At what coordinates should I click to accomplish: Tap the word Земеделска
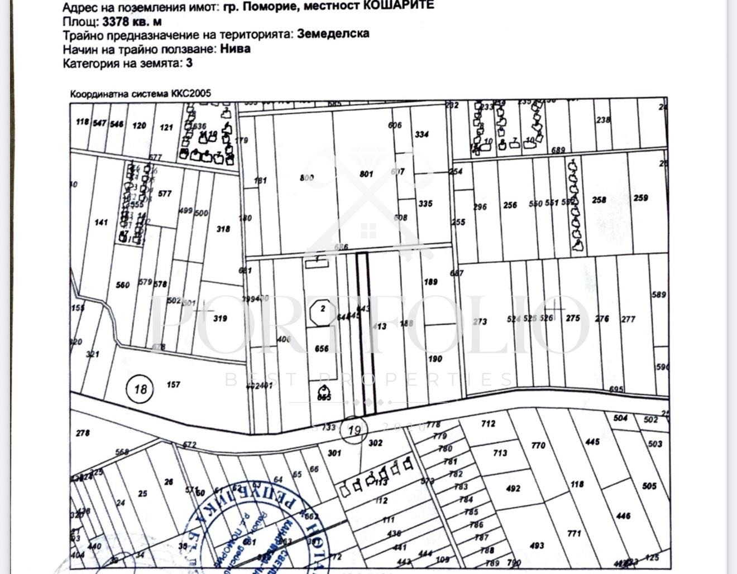pos(333,33)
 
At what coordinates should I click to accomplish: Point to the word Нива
pos(235,49)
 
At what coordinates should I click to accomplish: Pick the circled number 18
pos(140,388)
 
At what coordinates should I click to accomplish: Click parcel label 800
pos(307,177)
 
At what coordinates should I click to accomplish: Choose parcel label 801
pos(366,174)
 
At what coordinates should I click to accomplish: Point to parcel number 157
pos(173,384)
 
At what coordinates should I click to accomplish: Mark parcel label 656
pos(322,349)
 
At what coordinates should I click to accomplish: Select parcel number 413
pos(379,326)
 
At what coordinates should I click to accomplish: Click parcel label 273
pos(480,321)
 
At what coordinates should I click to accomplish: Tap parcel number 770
pos(538,445)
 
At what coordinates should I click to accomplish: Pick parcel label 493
pos(537,546)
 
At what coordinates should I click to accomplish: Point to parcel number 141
pos(101,223)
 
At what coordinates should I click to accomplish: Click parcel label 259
pos(640,197)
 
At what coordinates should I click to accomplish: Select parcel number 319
pos(220,319)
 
